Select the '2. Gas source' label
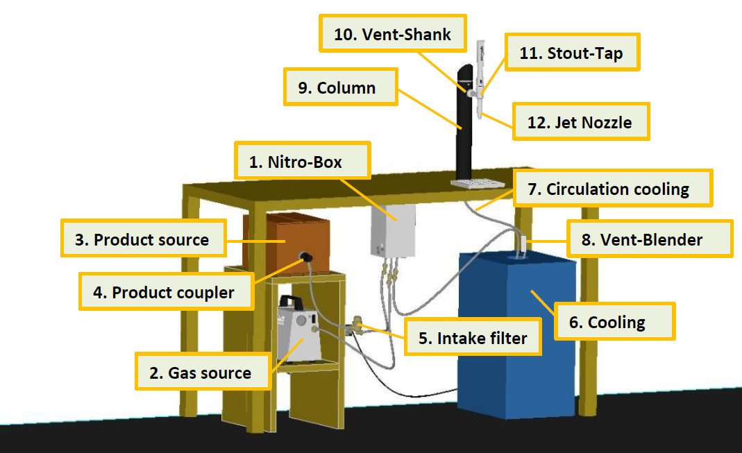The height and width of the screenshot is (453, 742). click(x=202, y=373)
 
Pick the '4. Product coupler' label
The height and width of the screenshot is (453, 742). click(x=164, y=292)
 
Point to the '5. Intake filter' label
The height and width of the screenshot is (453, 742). click(x=473, y=338)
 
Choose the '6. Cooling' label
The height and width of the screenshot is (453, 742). click(x=614, y=322)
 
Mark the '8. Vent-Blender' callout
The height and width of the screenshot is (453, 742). click(x=650, y=239)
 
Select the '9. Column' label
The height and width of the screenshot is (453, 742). click(x=341, y=87)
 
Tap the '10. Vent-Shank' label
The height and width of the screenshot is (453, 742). click(x=393, y=35)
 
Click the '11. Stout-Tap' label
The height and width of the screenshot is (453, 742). click(x=571, y=52)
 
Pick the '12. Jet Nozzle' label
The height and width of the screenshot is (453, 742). click(x=580, y=122)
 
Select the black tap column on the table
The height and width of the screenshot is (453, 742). click(x=463, y=132)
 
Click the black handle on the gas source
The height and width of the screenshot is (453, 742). click(x=291, y=301)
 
